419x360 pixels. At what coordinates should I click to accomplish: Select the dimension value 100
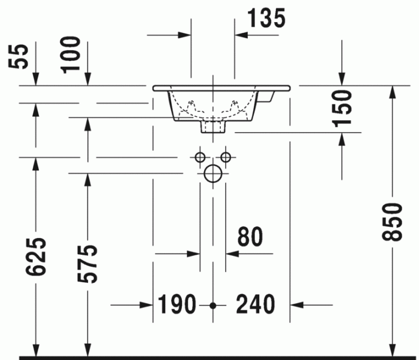[x=72, y=54]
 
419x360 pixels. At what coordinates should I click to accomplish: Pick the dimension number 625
[x=37, y=257]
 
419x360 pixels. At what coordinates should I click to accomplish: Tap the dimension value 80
[x=250, y=237]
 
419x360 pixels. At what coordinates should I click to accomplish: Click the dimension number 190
[x=177, y=305]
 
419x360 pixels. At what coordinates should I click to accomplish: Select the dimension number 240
[x=256, y=305]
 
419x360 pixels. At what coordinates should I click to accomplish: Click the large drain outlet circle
[x=212, y=173]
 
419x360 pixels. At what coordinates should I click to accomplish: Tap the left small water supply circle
[x=200, y=157]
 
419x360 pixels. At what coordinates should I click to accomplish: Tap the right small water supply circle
[x=226, y=157]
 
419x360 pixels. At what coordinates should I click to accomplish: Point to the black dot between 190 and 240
[x=212, y=305]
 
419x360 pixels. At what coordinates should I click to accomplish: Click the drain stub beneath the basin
[x=212, y=126]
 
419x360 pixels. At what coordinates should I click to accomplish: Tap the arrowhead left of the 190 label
[x=147, y=305]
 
